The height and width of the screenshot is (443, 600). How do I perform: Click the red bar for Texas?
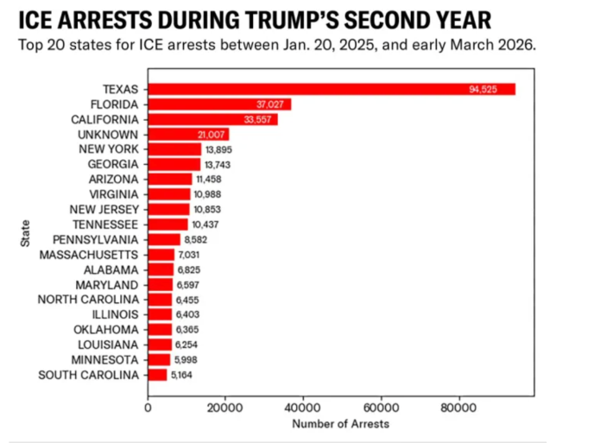point(332,89)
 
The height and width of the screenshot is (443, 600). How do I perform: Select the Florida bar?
point(219,104)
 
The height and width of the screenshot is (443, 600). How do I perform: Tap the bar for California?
point(212,119)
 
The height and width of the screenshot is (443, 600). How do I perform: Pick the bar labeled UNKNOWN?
point(188,134)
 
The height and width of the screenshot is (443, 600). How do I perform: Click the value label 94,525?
point(483,89)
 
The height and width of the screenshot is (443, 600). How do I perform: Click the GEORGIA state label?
point(113,164)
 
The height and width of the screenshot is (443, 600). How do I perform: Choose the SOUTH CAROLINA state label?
point(89,375)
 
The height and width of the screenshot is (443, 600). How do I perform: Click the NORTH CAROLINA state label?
point(90,300)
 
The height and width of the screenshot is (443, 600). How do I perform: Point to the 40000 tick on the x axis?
point(303,408)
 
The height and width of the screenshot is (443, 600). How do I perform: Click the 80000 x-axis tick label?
point(458,408)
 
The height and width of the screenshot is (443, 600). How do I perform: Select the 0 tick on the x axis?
point(148,408)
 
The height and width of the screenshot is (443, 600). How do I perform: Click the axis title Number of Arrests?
point(340,424)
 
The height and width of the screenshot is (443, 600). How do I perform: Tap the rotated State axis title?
point(25,234)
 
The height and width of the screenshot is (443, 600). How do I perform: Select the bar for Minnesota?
point(160,360)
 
